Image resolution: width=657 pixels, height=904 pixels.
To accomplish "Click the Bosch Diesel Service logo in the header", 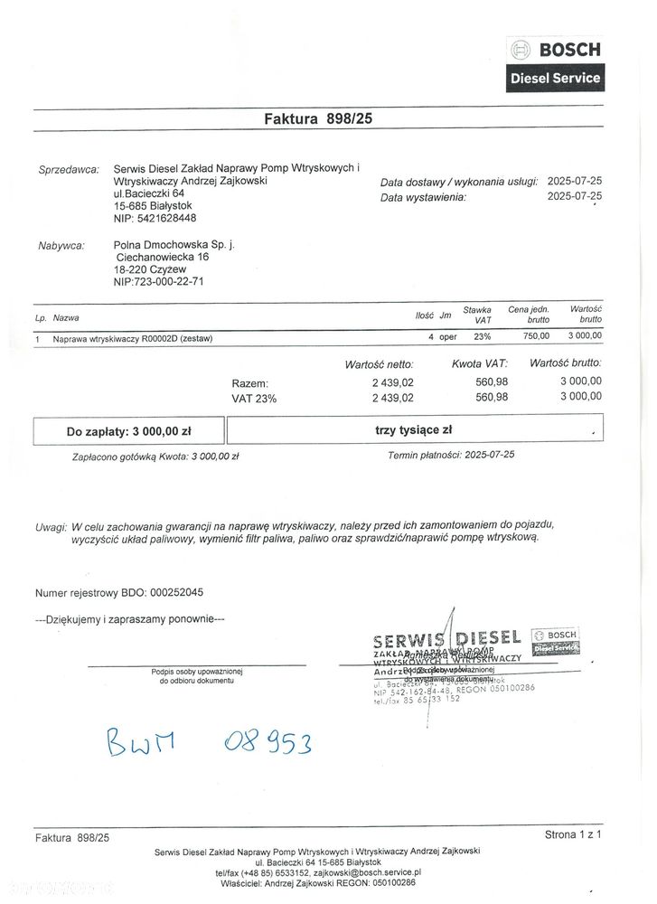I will [x=555, y=63].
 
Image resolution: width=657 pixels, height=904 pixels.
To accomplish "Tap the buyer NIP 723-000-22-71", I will [x=159, y=281].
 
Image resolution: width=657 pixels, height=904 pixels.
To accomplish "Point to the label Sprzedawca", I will [x=69, y=169].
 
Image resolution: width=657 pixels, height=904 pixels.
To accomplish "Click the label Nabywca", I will [x=61, y=245].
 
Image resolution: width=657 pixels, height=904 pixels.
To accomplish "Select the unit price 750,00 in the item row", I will [x=536, y=336].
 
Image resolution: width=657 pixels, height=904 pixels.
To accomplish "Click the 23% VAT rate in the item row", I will [x=482, y=336].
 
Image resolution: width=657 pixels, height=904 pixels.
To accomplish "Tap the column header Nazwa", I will [x=66, y=318].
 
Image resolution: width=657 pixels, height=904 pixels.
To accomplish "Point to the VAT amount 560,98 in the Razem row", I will [x=492, y=382].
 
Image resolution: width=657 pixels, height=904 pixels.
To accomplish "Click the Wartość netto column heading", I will [x=380, y=364].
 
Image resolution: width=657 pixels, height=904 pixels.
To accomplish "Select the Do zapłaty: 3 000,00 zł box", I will [x=128, y=431].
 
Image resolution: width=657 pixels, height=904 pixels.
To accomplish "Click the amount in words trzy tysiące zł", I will [x=413, y=430].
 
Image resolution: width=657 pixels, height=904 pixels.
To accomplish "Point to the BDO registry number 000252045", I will [x=169, y=593].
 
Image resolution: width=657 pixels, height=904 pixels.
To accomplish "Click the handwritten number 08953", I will [x=267, y=743].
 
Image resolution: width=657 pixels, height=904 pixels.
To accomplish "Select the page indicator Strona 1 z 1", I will [x=573, y=833].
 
